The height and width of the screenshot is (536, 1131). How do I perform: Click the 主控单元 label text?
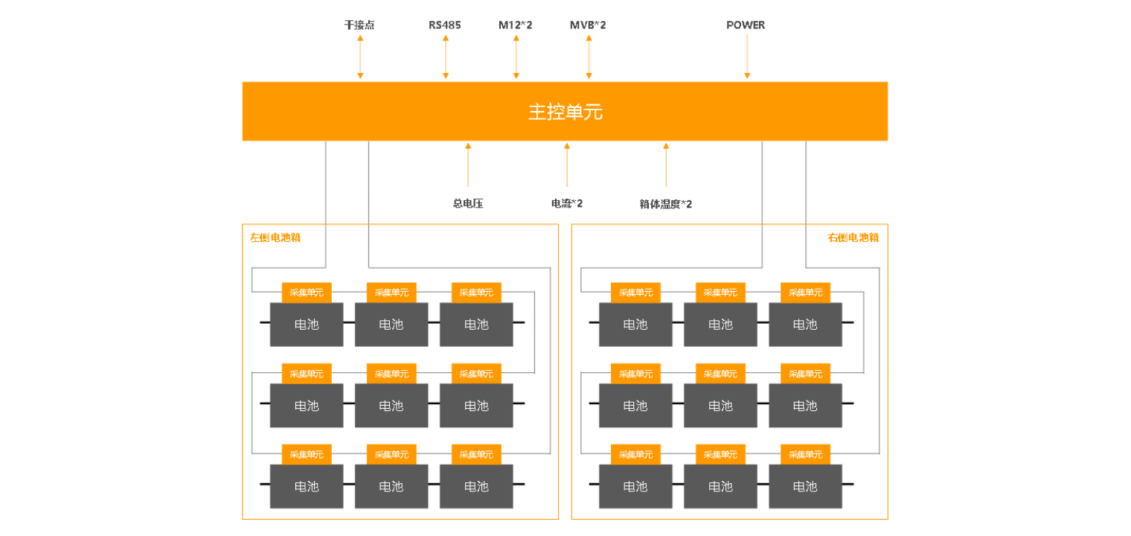click(x=565, y=112)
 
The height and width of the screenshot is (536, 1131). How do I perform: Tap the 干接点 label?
click(x=359, y=25)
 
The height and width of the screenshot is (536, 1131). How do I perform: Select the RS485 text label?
click(x=445, y=25)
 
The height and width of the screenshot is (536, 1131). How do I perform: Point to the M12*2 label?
click(x=516, y=25)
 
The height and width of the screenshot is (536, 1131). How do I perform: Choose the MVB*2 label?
click(x=588, y=25)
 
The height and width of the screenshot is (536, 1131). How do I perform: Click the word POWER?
click(x=746, y=25)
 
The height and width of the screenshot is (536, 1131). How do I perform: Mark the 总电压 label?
click(x=468, y=203)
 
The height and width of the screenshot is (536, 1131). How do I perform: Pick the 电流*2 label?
click(x=567, y=203)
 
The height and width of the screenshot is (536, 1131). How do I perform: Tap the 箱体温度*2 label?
click(x=666, y=204)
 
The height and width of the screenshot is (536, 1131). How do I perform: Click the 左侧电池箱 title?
click(x=275, y=238)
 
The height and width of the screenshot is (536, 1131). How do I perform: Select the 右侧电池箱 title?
click(x=853, y=238)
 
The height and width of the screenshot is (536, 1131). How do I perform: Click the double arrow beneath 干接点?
click(x=360, y=57)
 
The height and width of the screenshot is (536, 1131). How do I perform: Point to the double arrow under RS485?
click(x=446, y=57)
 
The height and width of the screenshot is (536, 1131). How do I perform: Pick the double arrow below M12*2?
click(x=516, y=57)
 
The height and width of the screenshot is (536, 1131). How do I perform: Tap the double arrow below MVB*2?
click(x=589, y=57)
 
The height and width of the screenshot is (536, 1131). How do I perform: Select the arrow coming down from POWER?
click(x=747, y=57)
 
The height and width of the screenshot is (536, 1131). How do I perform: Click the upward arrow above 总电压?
click(x=468, y=164)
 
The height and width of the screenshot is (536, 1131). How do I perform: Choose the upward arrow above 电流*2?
click(x=567, y=164)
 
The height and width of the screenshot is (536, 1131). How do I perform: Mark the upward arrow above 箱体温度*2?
click(x=666, y=164)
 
